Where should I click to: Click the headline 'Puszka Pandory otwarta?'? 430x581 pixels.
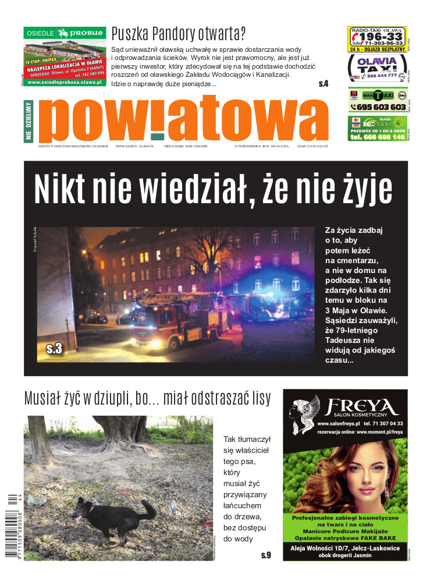point(179,32)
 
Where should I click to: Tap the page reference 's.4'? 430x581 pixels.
point(324,84)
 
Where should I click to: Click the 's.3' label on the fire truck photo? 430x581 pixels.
point(54,349)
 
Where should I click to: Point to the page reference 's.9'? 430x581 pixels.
point(266,555)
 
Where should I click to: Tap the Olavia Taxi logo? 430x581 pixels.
point(376,65)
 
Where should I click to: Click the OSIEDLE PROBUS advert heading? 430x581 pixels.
point(64,33)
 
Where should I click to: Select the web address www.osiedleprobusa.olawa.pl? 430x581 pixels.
point(65,82)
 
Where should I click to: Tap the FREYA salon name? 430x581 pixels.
point(361,406)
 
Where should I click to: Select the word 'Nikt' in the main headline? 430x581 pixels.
point(62,187)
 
